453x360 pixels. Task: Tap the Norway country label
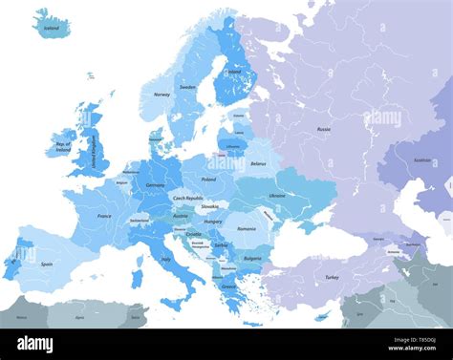tap(162, 95)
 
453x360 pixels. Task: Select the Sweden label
tap(187, 86)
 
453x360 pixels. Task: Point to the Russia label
tap(324, 128)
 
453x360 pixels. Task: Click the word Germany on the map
tap(155, 185)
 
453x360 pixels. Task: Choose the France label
tap(104, 217)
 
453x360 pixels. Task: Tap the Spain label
tap(45, 264)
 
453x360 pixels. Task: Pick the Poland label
tap(208, 179)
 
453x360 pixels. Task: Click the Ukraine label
tap(276, 195)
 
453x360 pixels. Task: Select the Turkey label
tap(332, 277)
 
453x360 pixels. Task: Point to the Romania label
tap(247, 229)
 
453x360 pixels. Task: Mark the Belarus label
tap(257, 163)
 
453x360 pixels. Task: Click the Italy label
tap(166, 259)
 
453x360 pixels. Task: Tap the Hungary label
tap(213, 222)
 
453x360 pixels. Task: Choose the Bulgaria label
tap(252, 257)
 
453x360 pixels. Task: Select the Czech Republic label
tap(187, 198)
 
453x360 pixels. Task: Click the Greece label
tap(229, 285)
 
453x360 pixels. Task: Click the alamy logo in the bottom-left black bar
tap(34, 344)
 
